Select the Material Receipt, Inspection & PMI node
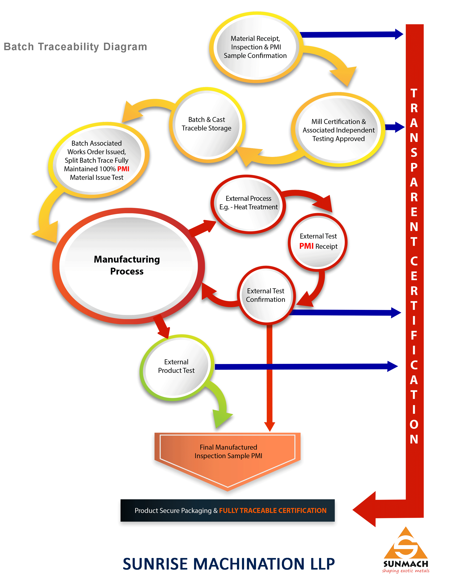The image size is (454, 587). (x=255, y=47)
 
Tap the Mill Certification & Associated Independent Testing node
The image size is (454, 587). (x=338, y=130)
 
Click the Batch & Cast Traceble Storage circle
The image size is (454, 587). (x=207, y=124)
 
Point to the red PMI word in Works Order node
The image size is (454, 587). (x=123, y=169)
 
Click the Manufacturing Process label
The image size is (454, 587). (x=127, y=265)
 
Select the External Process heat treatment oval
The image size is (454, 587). (x=248, y=203)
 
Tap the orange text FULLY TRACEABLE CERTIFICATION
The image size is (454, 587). (x=273, y=510)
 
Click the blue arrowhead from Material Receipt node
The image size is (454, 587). (x=399, y=34)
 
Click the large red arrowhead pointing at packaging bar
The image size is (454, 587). (x=365, y=509)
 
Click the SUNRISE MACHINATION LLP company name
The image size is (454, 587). (x=229, y=564)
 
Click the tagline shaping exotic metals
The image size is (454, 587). (x=406, y=571)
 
